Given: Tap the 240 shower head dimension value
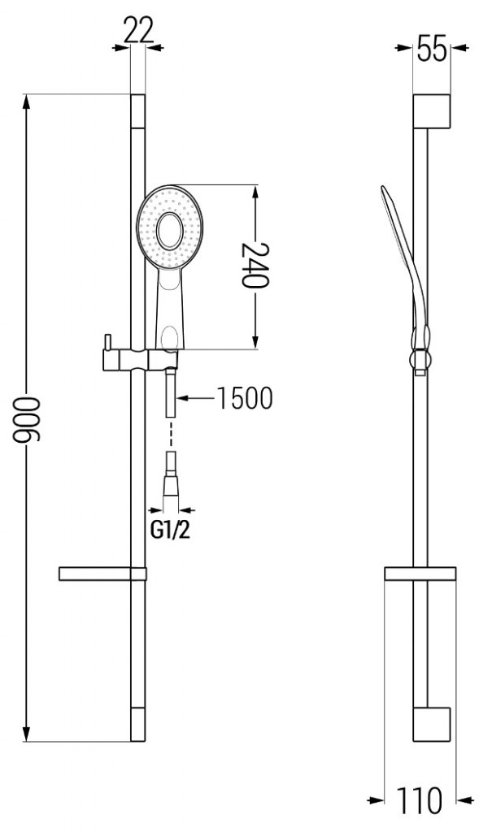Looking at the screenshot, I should click(255, 266).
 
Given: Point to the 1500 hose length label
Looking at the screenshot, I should click(244, 398).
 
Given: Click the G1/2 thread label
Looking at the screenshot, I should click(172, 530).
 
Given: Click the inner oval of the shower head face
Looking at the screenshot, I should click(171, 230).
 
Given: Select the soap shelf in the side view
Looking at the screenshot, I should click(419, 574).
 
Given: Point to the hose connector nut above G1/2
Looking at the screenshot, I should click(171, 484).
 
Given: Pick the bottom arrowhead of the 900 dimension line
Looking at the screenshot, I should click(30, 739).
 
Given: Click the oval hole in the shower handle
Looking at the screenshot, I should click(171, 335).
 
